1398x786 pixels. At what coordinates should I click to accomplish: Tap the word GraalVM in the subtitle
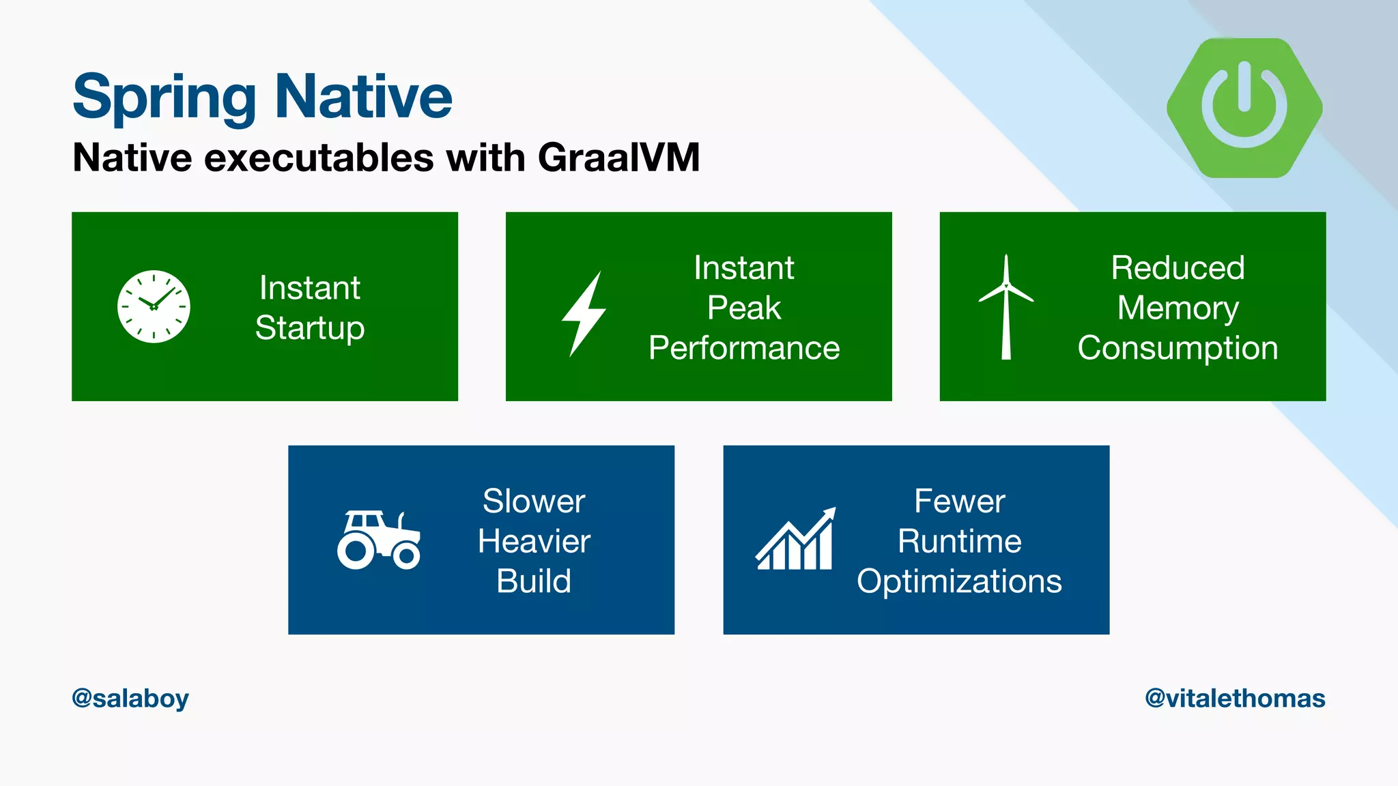click(618, 158)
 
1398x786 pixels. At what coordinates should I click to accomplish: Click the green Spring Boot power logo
click(1244, 108)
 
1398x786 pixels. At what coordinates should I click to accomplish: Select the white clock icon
click(154, 306)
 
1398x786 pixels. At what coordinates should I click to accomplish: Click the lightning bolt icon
click(584, 314)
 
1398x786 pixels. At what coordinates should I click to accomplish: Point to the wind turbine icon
click(1005, 306)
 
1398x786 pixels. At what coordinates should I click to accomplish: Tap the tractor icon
click(378, 540)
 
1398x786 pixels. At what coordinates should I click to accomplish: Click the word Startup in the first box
click(310, 327)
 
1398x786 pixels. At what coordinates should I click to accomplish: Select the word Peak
click(743, 308)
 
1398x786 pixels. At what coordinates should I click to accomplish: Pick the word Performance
click(743, 348)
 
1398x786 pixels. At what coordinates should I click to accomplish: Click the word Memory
click(1178, 308)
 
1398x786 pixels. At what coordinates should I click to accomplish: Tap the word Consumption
click(1178, 348)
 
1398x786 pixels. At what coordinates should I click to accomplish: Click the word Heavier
click(534, 541)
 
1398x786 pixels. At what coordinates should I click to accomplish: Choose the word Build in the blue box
click(534, 581)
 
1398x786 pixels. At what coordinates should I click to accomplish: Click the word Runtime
click(959, 541)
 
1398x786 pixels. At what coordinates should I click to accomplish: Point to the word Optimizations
click(959, 581)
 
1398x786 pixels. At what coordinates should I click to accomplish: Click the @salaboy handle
click(130, 699)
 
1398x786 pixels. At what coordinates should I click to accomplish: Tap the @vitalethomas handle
click(1235, 699)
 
